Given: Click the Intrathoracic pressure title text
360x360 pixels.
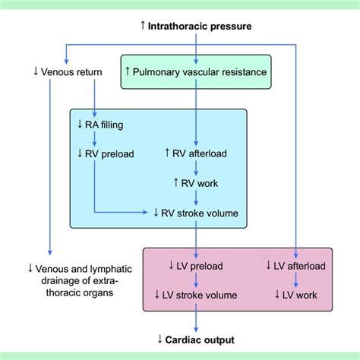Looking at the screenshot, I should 201,27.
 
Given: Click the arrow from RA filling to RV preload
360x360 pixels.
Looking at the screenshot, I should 93,139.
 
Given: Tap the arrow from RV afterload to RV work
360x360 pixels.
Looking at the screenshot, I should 197,168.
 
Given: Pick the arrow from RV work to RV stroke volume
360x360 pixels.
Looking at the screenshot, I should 197,198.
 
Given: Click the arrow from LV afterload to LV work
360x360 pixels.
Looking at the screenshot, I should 295,280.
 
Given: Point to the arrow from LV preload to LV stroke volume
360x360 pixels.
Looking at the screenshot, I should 197,280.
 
